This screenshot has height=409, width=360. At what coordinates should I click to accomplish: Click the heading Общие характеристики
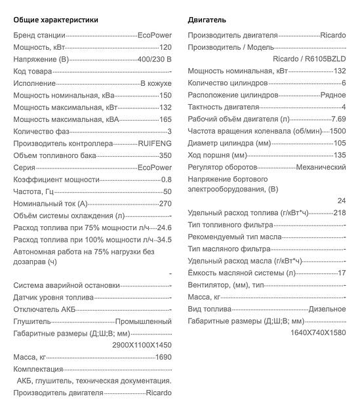click(56, 20)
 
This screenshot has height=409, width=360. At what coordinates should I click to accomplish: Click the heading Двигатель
click(207, 20)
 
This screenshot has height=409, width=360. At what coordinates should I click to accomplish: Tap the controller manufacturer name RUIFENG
click(155, 144)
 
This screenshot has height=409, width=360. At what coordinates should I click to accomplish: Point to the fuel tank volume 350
click(165, 155)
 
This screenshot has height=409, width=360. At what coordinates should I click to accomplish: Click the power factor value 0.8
click(166, 180)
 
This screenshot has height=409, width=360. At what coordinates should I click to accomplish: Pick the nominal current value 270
click(165, 204)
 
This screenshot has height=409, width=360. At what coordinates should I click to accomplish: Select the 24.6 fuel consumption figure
click(163, 227)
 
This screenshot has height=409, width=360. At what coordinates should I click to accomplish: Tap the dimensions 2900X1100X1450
click(142, 345)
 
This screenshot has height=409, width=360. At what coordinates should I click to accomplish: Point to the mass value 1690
click(163, 357)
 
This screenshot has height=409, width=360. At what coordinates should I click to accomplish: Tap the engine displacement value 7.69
click(338, 119)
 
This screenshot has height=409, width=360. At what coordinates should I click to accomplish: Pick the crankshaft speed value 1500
click(338, 131)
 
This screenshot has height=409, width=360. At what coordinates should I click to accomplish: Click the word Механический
click(321, 167)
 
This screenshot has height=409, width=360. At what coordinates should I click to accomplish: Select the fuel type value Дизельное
click(327, 309)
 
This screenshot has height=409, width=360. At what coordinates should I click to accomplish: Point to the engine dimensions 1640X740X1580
click(318, 332)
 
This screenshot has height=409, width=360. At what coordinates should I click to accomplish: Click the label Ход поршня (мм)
click(217, 155)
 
